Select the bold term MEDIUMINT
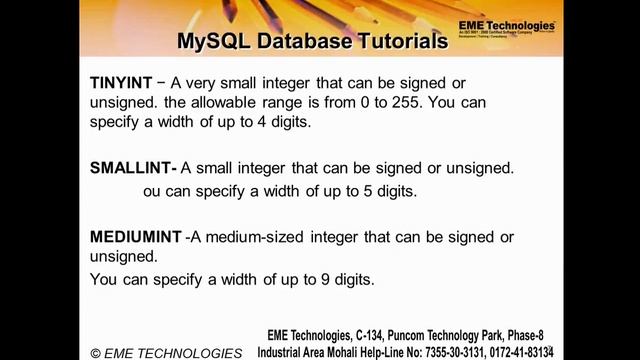click(x=136, y=237)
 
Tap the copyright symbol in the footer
click(x=96, y=353)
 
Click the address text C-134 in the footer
click(x=373, y=335)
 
